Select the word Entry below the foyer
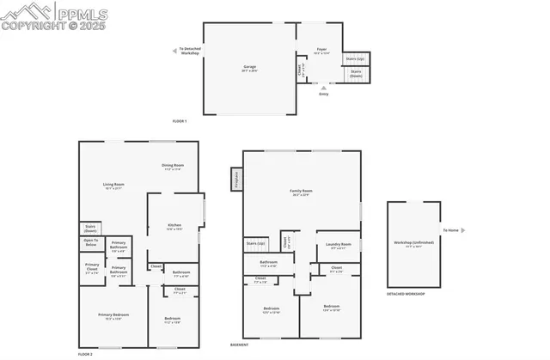coord(323,94)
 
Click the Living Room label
coord(114,185)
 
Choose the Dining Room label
coord(173,165)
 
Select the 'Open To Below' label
coord(90,243)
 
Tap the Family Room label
coord(301,191)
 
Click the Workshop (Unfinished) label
coord(414,241)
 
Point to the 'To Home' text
coord(452,230)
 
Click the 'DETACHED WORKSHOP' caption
coord(405,293)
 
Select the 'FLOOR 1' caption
coord(180,121)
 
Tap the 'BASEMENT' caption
coord(240,344)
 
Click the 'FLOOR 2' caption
coord(84,354)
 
